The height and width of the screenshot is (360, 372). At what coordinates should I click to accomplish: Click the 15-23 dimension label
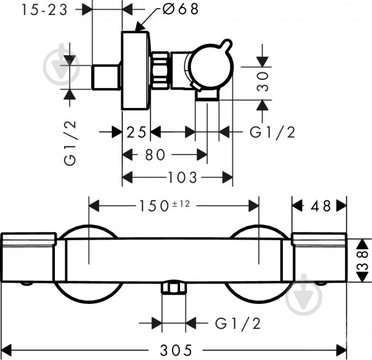[45, 10]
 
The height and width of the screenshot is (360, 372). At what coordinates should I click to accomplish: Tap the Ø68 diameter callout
[181, 9]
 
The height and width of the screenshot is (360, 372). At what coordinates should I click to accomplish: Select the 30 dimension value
[263, 82]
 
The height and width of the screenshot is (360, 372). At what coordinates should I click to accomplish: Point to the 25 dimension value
[136, 132]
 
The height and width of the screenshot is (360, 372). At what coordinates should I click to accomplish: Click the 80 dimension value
[155, 155]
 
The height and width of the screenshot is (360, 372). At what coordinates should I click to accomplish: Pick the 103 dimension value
[182, 178]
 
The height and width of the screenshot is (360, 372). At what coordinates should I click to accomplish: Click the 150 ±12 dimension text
[164, 205]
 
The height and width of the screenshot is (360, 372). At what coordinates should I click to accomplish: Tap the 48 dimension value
[321, 206]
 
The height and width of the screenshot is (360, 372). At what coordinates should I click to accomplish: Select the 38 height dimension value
[362, 261]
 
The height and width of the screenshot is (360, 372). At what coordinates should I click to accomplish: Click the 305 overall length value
[176, 350]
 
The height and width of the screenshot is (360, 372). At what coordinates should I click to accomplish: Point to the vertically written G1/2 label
[70, 143]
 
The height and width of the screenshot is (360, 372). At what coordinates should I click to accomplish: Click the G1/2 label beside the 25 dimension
[273, 132]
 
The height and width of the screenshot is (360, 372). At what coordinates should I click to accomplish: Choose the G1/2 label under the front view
[238, 323]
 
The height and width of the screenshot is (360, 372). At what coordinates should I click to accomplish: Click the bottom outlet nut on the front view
[174, 288]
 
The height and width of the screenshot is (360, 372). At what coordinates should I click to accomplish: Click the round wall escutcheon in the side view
[135, 71]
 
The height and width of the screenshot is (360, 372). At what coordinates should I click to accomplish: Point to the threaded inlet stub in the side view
[106, 77]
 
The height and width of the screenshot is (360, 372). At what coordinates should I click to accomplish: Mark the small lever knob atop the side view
[225, 45]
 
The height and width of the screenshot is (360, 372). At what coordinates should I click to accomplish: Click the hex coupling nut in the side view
[160, 70]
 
